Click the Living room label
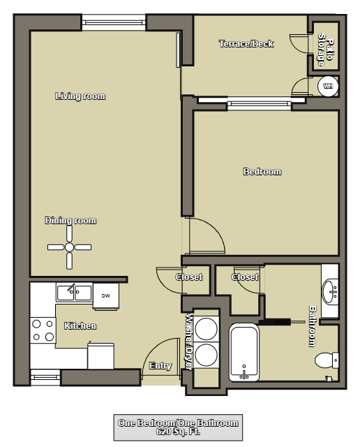(80, 96)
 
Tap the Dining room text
(70, 221)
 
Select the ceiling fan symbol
(69, 247)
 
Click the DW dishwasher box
(105, 295)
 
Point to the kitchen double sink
(74, 291)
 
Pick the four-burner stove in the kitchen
(43, 330)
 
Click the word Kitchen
(80, 326)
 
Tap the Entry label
(160, 366)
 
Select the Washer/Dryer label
(188, 340)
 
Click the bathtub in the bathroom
(243, 353)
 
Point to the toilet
(327, 361)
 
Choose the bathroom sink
(330, 288)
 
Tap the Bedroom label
(262, 172)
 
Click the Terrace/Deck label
(246, 44)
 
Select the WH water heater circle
(327, 86)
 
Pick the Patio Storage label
(324, 49)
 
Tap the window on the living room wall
(114, 22)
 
